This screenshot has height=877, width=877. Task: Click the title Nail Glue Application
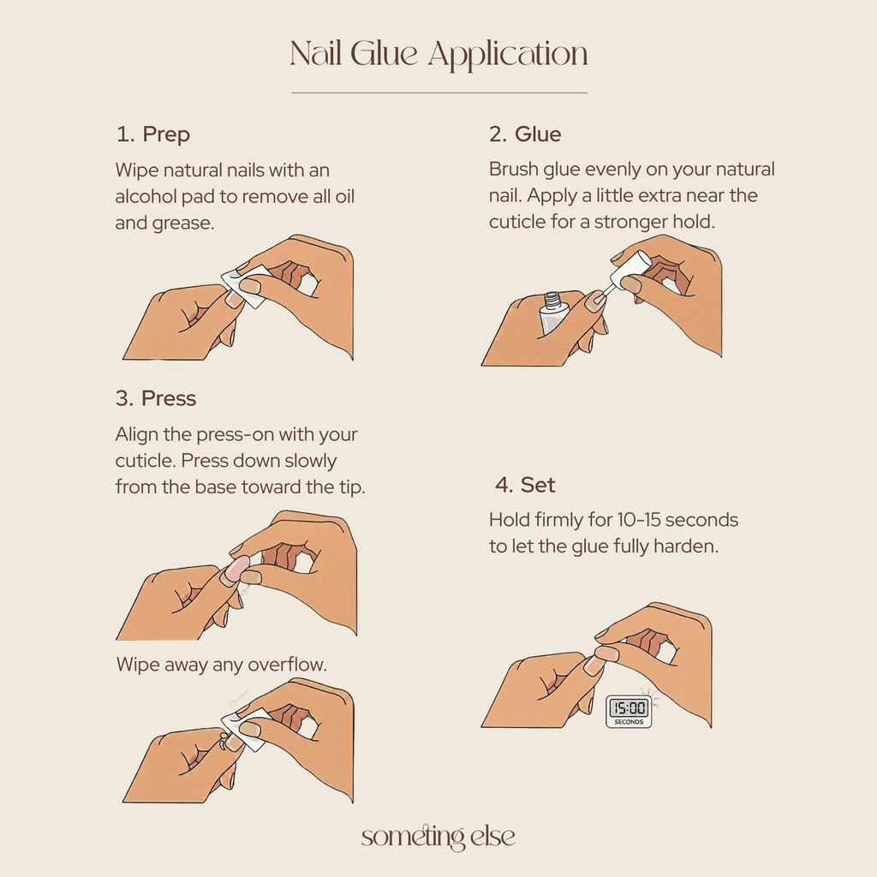[438, 55]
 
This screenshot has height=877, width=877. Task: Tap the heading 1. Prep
[152, 134]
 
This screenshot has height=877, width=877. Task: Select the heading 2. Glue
[525, 134]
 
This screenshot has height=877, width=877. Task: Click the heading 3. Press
[155, 399]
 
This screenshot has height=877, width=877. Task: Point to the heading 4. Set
[525, 485]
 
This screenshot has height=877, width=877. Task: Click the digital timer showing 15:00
[628, 711]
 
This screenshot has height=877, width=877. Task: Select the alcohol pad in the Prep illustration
[240, 283]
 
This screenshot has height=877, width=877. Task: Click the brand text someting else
[438, 837]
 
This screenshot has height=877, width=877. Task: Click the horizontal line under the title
[438, 92]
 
